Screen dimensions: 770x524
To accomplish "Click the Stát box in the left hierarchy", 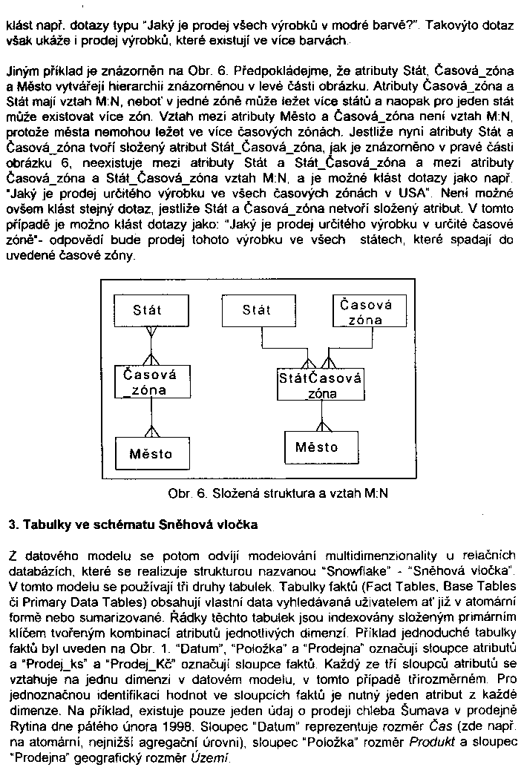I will tap(147, 310).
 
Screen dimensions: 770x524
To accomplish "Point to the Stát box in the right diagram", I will tap(257, 310).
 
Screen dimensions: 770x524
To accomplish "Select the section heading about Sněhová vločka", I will tap(133, 526).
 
